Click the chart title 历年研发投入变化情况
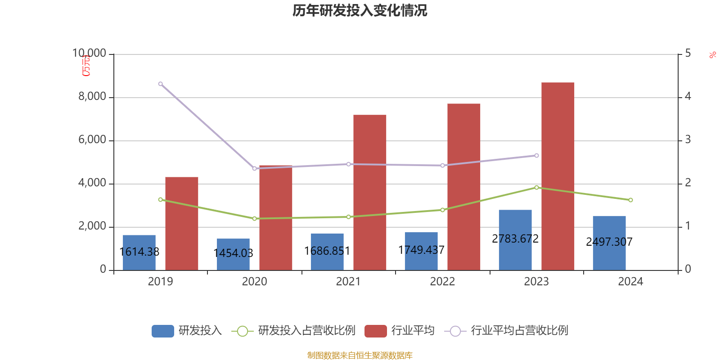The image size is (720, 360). point(360,10)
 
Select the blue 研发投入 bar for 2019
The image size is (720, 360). point(139,252)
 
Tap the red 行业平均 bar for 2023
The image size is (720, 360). point(558,176)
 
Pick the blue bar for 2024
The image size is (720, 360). point(609,243)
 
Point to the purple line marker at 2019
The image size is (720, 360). point(161,84)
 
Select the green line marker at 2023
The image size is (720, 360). point(536,187)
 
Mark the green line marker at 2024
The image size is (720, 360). point(630,200)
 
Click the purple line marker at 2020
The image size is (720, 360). point(254,168)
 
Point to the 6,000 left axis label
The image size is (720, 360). point(92,140)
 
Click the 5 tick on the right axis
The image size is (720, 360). point(688,54)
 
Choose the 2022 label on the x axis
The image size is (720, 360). point(442,282)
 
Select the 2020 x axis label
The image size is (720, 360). point(254,282)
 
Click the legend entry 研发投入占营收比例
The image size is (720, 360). point(306,331)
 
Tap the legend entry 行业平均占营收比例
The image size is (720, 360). point(519,331)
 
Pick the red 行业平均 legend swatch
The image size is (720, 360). point(375,331)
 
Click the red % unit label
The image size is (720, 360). point(712,55)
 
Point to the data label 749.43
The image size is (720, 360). point(421,250)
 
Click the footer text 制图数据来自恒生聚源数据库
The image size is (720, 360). point(360,355)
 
